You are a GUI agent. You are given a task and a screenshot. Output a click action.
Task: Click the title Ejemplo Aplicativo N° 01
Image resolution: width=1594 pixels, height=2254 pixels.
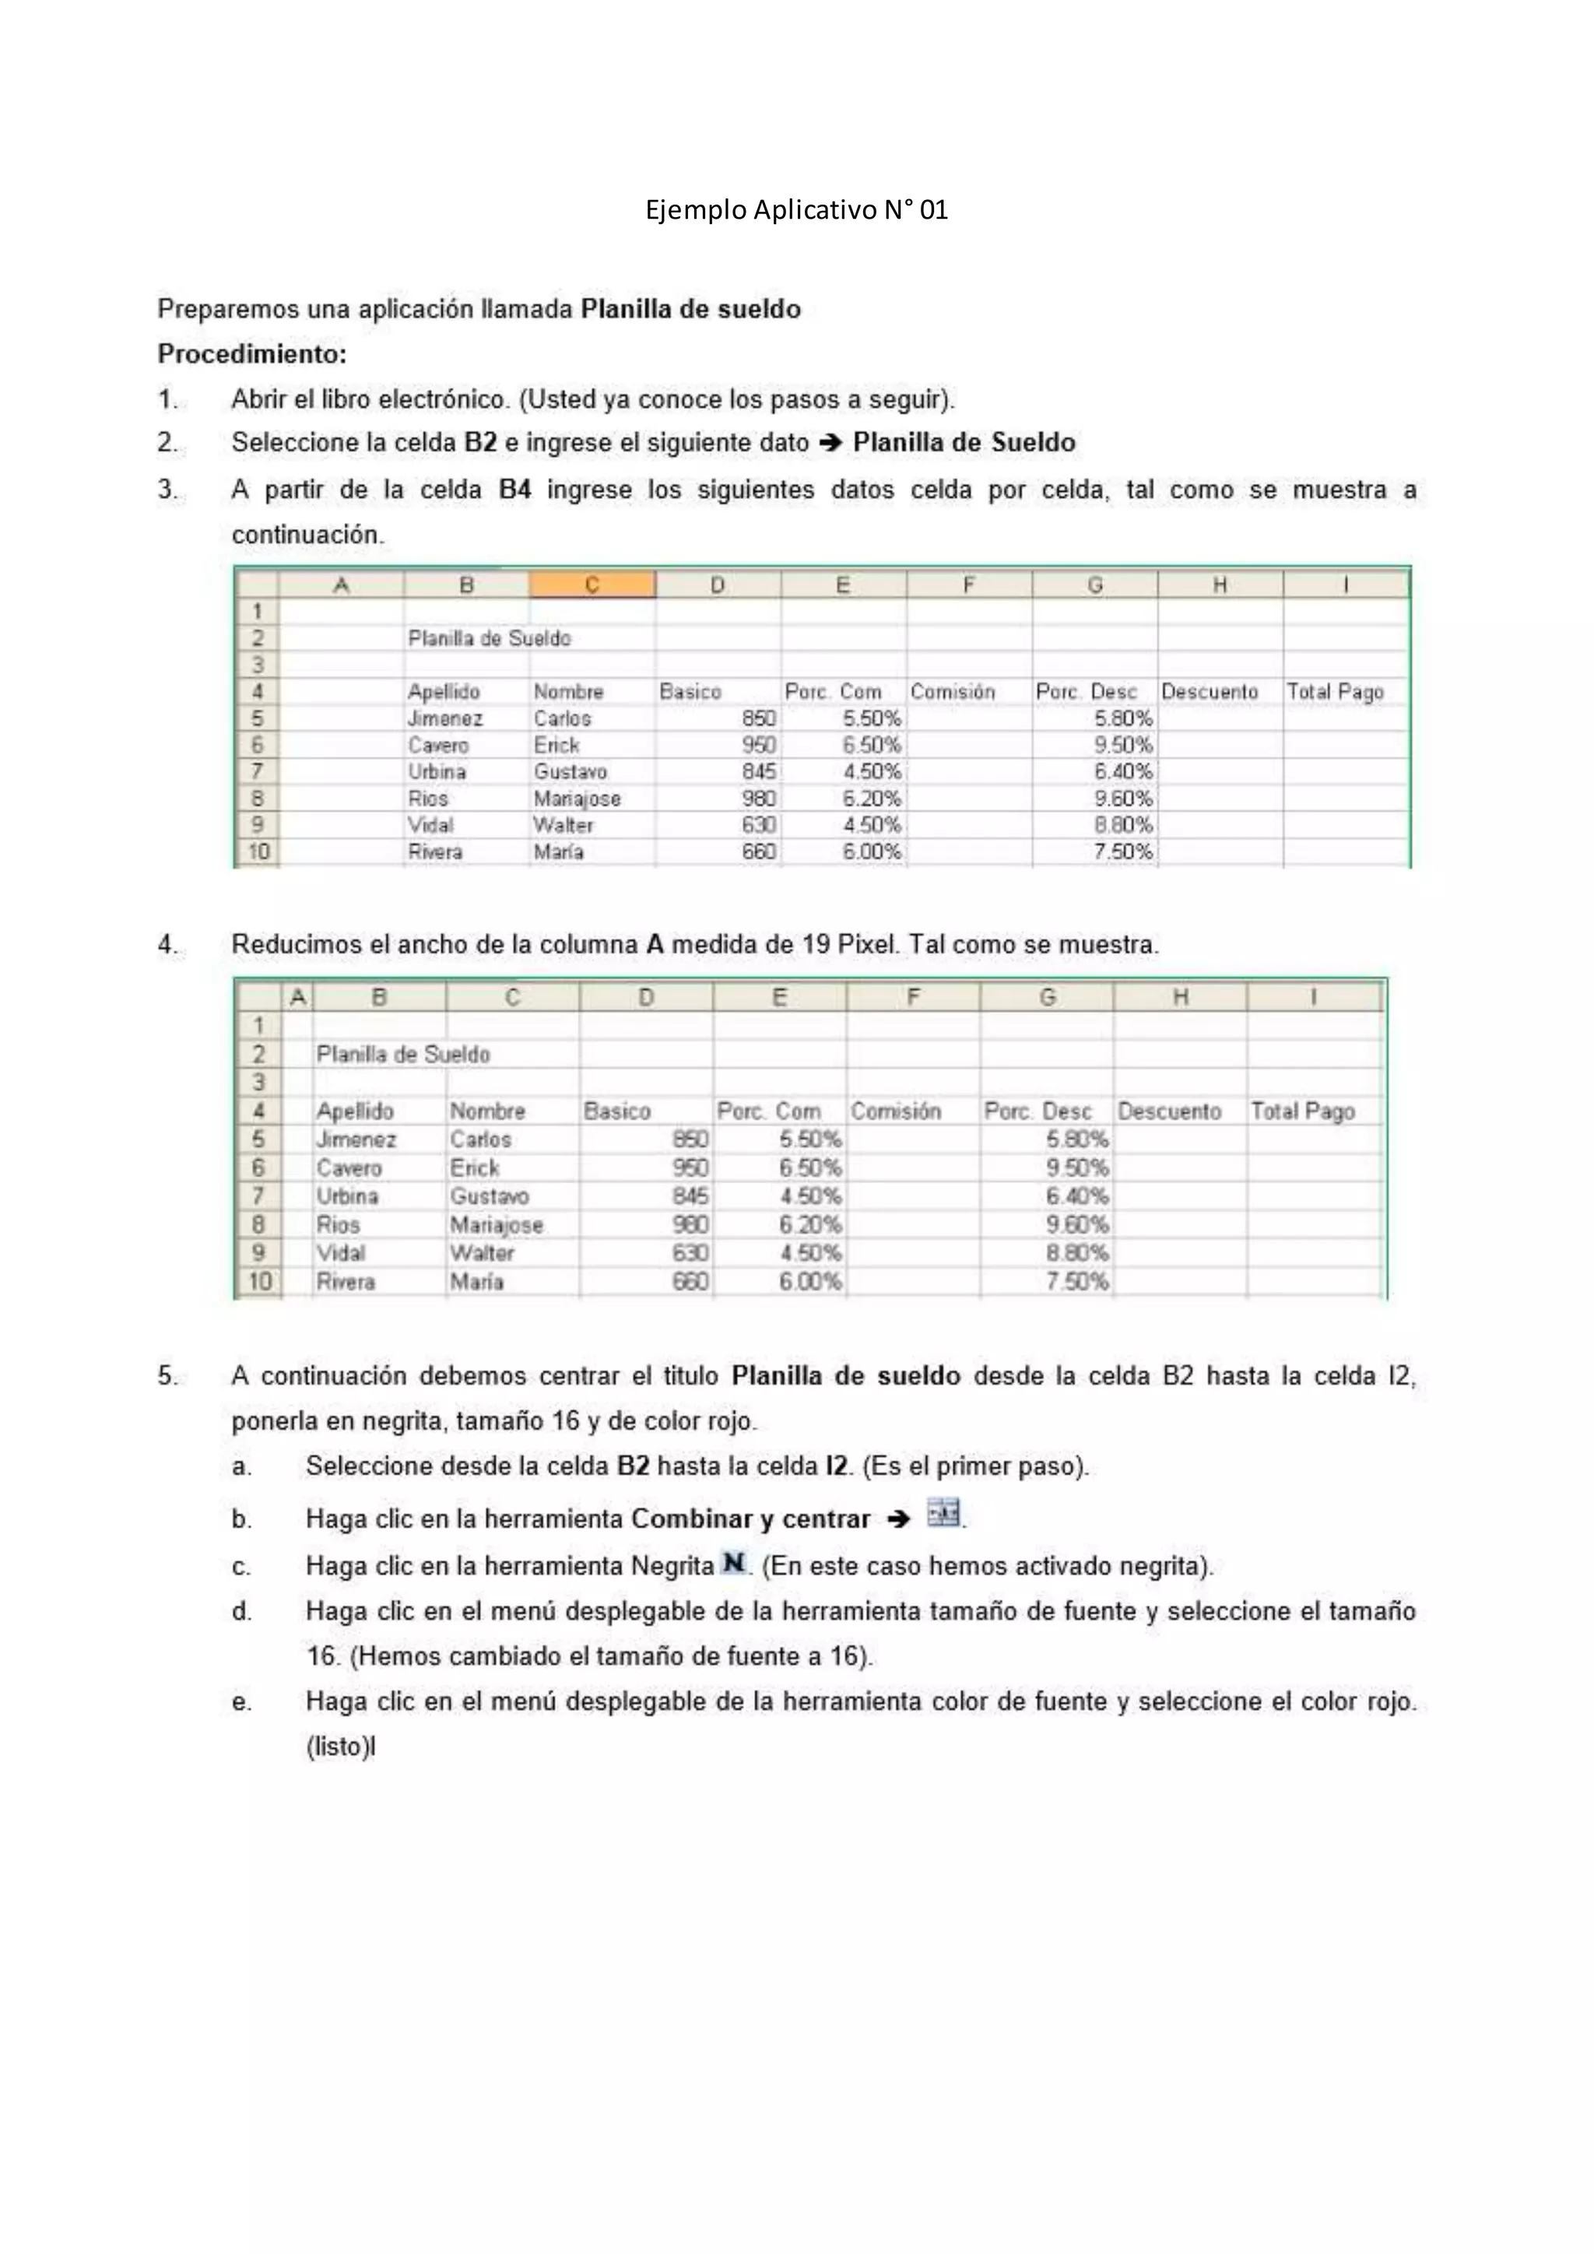pyautogui.click(x=796, y=210)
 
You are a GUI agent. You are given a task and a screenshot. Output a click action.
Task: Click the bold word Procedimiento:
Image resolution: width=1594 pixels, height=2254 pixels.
pyautogui.click(x=252, y=353)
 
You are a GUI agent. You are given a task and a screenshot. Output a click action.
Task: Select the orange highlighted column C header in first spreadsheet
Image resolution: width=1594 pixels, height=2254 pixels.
pyautogui.click(x=592, y=585)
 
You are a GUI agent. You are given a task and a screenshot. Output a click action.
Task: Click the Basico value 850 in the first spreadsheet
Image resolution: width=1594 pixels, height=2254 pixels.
pyautogui.click(x=759, y=718)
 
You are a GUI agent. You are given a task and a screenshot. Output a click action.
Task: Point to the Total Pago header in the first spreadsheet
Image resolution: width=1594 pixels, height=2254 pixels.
pyautogui.click(x=1335, y=692)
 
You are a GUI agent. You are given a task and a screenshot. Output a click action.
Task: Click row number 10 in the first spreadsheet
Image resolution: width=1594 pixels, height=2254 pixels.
pyautogui.click(x=257, y=852)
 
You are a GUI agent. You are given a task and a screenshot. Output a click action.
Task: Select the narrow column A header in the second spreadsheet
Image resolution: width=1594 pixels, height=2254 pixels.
pyautogui.click(x=298, y=999)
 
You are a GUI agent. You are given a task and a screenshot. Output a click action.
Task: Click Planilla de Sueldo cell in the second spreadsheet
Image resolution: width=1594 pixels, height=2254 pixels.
pyautogui.click(x=402, y=1055)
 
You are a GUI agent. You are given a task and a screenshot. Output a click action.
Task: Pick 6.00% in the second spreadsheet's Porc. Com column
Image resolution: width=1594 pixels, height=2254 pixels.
pyautogui.click(x=809, y=1282)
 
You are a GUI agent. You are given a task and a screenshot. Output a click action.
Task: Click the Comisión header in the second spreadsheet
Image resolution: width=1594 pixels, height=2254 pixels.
pyautogui.click(x=895, y=1111)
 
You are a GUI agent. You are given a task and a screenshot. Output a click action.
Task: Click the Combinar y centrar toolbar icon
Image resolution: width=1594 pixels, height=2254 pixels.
pyautogui.click(x=943, y=1514)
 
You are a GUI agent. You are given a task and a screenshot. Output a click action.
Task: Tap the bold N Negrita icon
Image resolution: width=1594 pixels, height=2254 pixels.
pyautogui.click(x=733, y=1563)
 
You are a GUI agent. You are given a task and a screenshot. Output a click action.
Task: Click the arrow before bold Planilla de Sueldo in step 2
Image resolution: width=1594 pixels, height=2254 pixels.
pyautogui.click(x=830, y=444)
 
